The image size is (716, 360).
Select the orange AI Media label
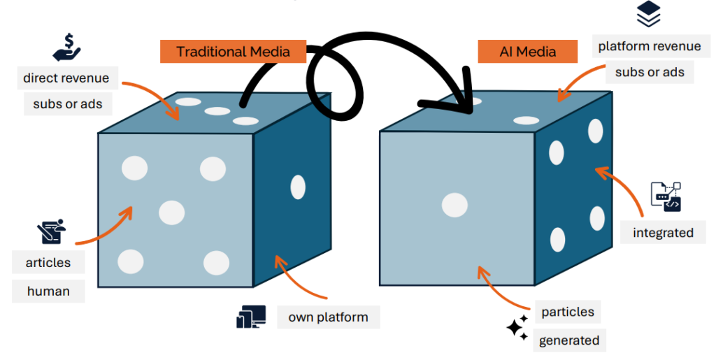527,52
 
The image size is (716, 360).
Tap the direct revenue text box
66,78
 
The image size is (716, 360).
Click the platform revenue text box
649,47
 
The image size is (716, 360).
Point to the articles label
48,263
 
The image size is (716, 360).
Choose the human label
48,290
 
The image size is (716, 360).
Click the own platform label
328,317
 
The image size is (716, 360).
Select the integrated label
663,232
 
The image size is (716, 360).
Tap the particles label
567,311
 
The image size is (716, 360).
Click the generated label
568,340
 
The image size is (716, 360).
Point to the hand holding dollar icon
67,46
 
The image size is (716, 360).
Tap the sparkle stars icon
517,327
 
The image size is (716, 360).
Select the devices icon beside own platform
250,317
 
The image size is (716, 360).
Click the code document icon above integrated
665,196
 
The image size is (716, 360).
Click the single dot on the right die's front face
454,205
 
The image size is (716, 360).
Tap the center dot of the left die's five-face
172,211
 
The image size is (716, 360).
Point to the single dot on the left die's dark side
298,187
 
